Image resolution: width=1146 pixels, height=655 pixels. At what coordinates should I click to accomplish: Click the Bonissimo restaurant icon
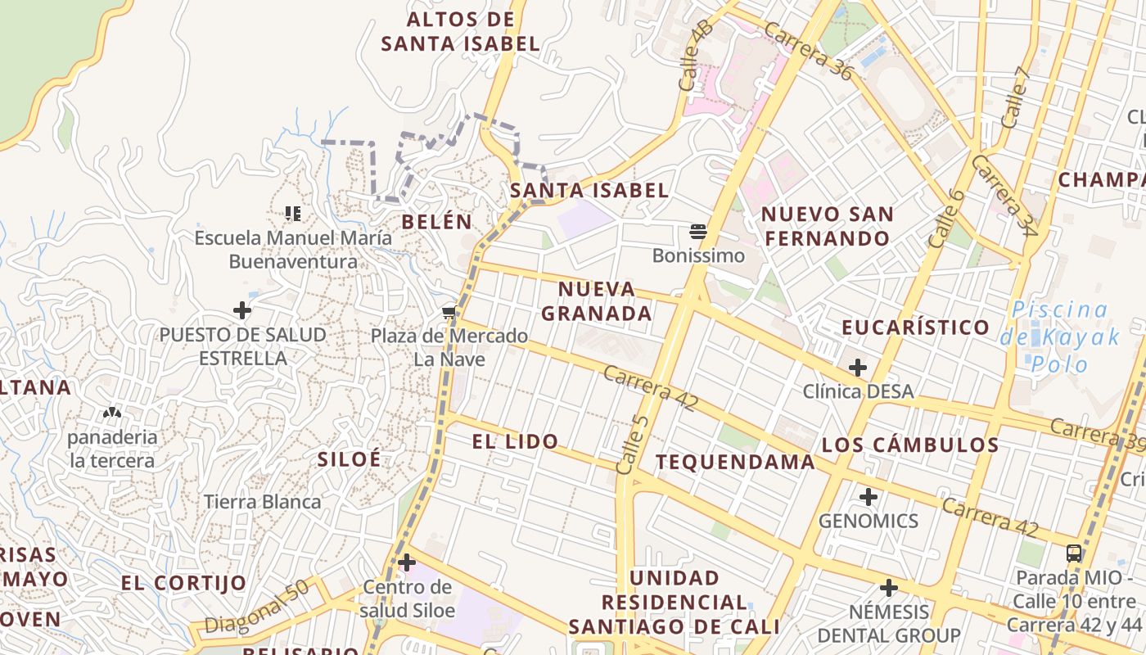click(698, 231)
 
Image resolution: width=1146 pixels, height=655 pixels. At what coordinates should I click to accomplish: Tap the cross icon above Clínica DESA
click(858, 368)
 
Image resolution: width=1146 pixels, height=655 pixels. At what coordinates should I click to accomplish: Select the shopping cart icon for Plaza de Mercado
click(449, 312)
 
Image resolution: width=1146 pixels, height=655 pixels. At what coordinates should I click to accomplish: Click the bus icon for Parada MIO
click(1074, 553)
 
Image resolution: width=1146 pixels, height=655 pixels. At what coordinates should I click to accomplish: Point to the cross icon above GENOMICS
click(869, 496)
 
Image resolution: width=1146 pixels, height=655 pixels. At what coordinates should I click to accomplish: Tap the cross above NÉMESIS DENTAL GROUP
click(889, 587)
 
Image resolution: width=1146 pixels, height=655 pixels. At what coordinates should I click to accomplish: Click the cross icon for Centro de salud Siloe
click(407, 562)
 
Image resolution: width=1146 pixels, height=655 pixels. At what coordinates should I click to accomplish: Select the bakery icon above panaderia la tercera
click(112, 413)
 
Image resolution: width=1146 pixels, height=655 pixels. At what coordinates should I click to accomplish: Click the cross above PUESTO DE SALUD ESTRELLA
click(242, 310)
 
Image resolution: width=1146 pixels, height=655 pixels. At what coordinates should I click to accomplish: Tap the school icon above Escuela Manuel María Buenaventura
click(292, 214)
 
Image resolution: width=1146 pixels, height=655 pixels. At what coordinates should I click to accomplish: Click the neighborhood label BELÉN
click(437, 221)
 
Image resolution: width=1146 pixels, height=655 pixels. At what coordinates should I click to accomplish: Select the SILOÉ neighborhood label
click(350, 458)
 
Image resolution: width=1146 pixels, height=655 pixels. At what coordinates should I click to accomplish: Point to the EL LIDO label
click(516, 441)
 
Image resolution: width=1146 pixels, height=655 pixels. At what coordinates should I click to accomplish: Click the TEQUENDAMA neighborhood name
click(735, 462)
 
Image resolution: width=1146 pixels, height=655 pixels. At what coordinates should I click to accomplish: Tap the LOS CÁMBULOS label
click(910, 445)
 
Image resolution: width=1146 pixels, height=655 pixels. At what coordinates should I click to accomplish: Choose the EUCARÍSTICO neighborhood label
click(916, 327)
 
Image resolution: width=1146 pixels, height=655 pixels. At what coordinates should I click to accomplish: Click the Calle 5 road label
click(633, 445)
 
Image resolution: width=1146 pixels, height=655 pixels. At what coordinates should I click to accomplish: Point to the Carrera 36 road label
click(807, 52)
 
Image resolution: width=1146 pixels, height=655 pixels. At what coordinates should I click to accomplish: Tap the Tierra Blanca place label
click(262, 502)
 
